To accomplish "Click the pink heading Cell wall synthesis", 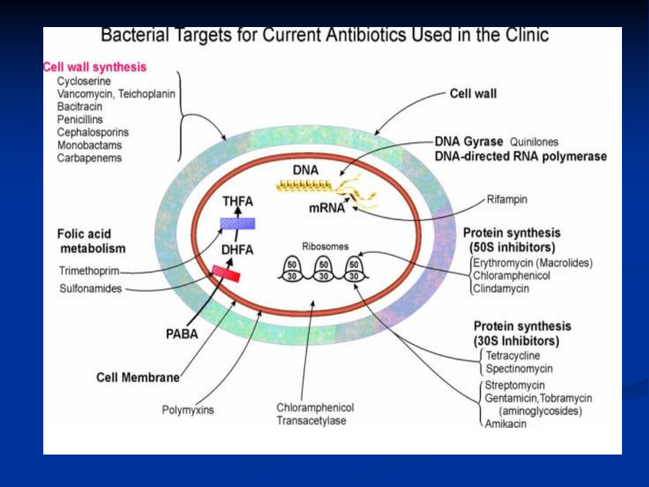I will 95,68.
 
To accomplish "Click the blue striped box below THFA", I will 237,224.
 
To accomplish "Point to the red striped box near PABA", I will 226,273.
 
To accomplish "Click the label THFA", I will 237,201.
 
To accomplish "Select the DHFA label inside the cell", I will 237,250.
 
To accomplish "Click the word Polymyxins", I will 187,409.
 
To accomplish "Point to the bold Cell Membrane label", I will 138,377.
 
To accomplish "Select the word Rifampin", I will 507,200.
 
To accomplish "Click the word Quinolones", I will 534,142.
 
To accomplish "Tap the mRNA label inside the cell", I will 327,209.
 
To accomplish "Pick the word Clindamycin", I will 502,289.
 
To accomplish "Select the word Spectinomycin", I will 519,369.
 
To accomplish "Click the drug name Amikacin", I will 506,424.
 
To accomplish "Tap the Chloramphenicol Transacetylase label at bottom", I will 315,414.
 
